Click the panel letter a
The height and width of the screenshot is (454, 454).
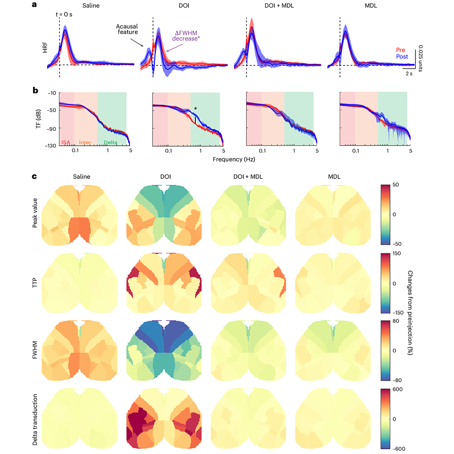[x=35, y=6]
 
